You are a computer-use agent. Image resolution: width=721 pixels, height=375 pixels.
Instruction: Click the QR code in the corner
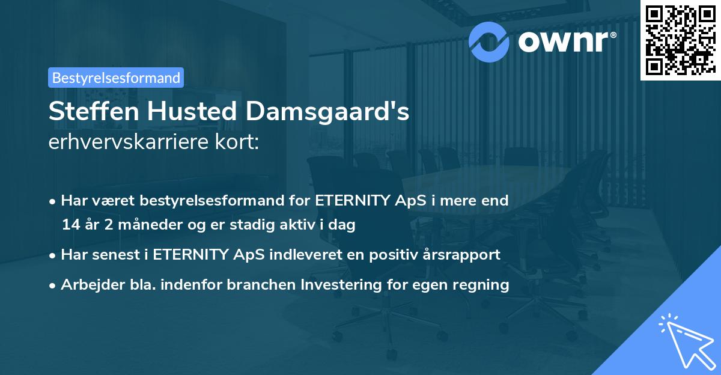[680, 40]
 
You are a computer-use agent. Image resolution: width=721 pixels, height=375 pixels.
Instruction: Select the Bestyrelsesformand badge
[116, 78]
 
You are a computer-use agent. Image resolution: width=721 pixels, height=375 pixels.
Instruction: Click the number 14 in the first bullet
[69, 225]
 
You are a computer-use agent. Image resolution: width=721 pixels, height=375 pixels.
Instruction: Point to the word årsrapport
[464, 255]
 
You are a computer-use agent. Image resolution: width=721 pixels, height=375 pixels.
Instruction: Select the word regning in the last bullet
[484, 285]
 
